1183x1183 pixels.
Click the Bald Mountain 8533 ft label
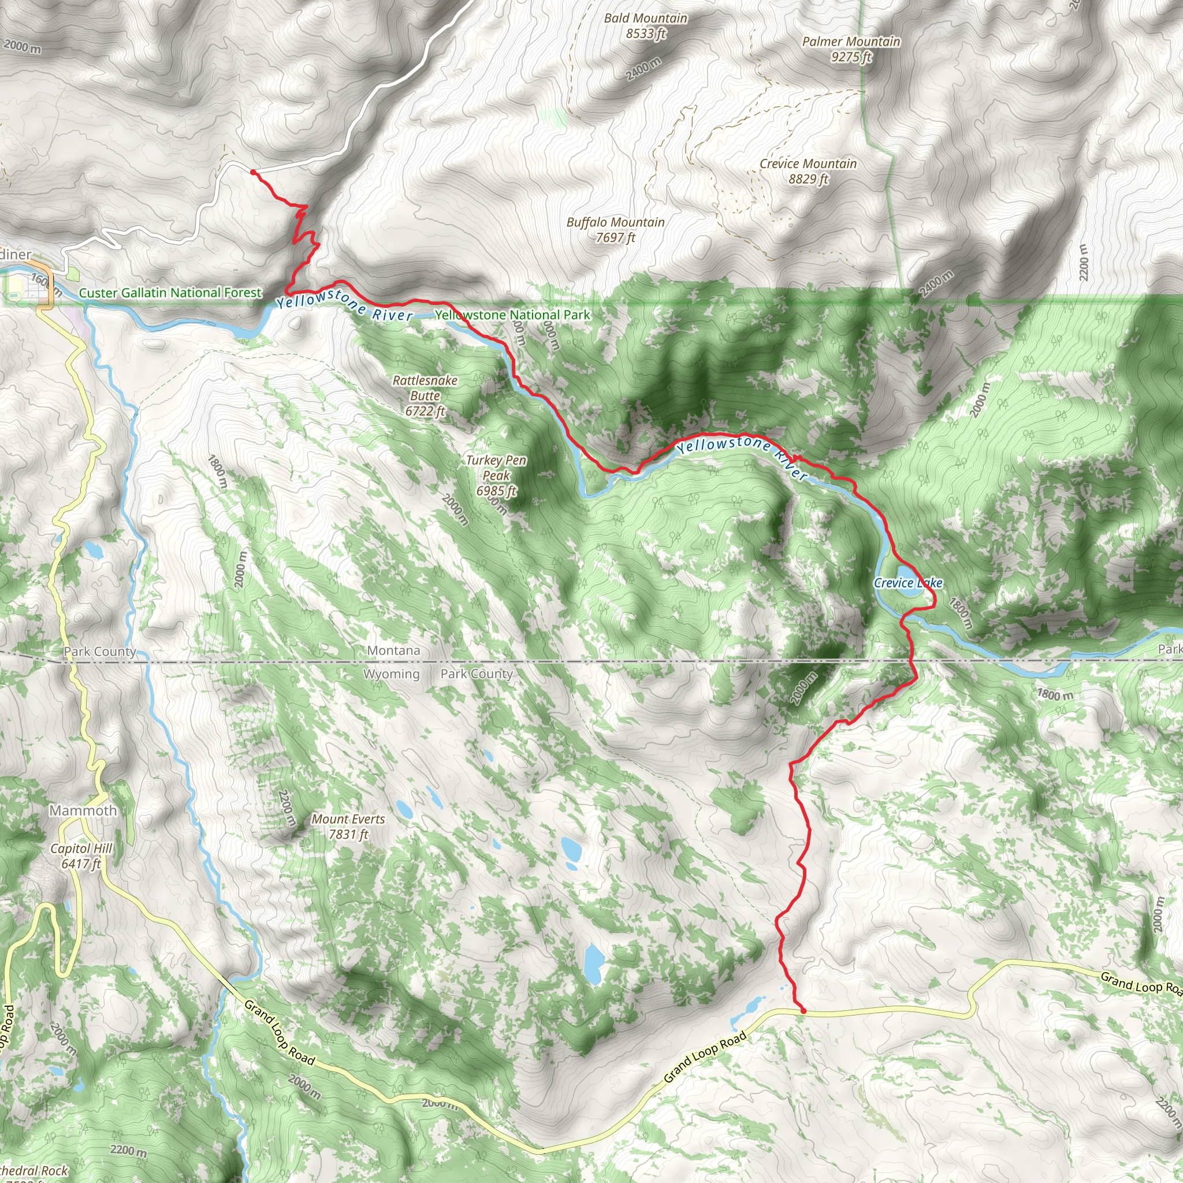[645, 26]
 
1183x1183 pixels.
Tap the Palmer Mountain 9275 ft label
[851, 49]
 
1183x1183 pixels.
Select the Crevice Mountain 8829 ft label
[808, 171]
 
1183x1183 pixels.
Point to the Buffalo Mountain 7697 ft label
[615, 230]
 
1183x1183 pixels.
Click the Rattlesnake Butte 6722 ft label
[425, 396]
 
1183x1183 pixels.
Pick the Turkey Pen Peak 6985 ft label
[496, 475]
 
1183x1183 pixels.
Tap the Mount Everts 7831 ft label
[348, 827]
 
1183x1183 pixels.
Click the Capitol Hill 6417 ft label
[81, 856]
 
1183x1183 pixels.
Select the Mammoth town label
[83, 810]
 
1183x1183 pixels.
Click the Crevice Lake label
[907, 583]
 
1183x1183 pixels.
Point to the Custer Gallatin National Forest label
[170, 293]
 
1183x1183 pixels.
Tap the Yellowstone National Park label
[512, 315]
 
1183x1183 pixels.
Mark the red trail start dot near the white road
[253, 173]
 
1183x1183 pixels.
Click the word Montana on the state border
[394, 650]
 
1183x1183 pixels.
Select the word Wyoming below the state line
[391, 674]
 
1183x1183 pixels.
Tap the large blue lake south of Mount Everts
[593, 964]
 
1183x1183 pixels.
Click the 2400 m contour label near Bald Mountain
[643, 69]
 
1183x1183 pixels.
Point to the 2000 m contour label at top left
[23, 46]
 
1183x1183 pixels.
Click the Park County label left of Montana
[100, 652]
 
